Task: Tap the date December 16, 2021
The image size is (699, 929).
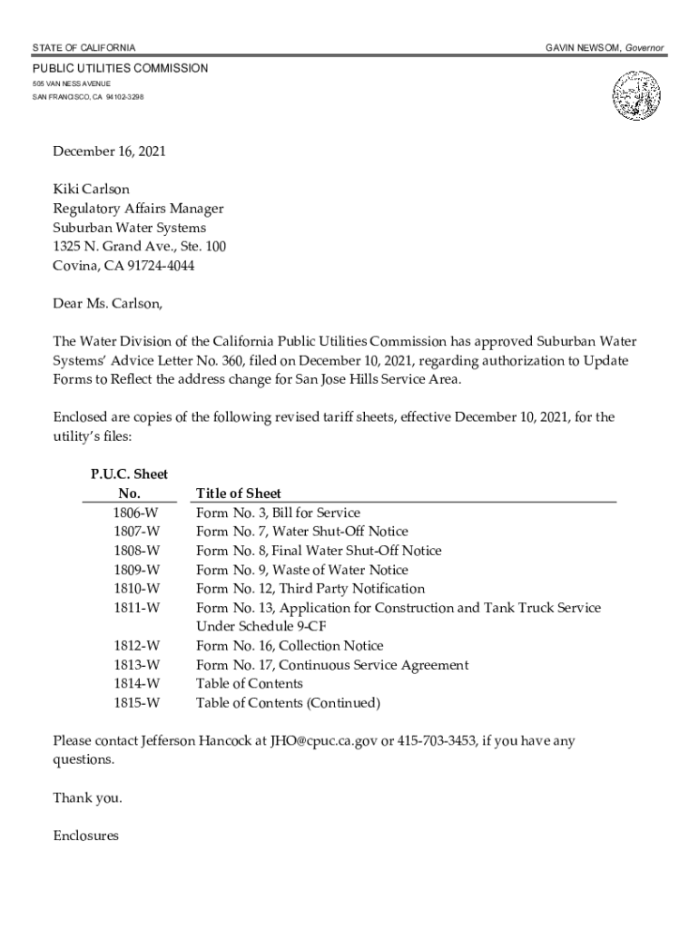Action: tap(109, 152)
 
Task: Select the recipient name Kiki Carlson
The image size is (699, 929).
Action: tap(91, 190)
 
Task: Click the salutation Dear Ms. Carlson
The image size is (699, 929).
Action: tap(108, 303)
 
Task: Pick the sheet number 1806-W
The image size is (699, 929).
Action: tap(137, 513)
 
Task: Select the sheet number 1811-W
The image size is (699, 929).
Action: tap(137, 608)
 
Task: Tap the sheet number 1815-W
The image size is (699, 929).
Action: tap(137, 703)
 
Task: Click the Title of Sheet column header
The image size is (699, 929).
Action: tap(239, 494)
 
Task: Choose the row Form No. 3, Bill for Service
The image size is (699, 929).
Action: tap(278, 513)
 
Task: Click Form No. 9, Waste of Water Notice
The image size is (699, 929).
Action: tap(302, 570)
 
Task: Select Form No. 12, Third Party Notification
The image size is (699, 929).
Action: tap(310, 589)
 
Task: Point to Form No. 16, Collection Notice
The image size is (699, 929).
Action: tap(290, 646)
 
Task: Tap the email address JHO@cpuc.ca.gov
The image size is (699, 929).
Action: tap(323, 741)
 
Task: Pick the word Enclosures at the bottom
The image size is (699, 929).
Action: tap(85, 836)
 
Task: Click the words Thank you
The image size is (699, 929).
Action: tap(87, 797)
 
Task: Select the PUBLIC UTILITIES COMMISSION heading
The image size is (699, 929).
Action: tap(121, 69)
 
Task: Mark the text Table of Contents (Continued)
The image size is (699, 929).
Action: tap(288, 703)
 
